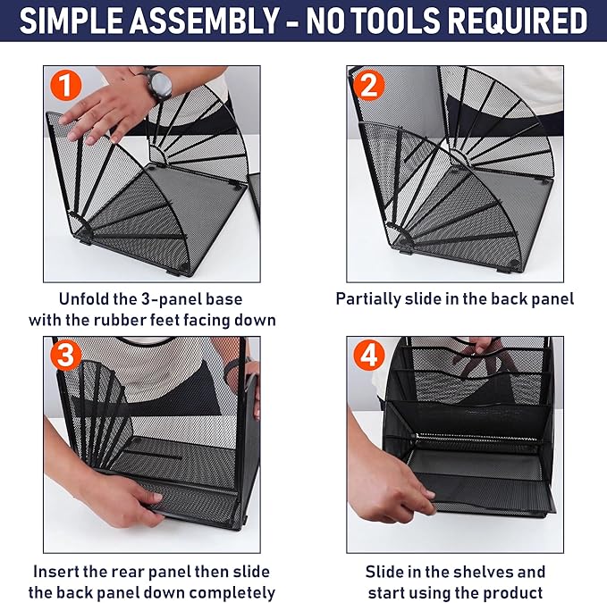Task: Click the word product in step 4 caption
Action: point(517,591)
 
